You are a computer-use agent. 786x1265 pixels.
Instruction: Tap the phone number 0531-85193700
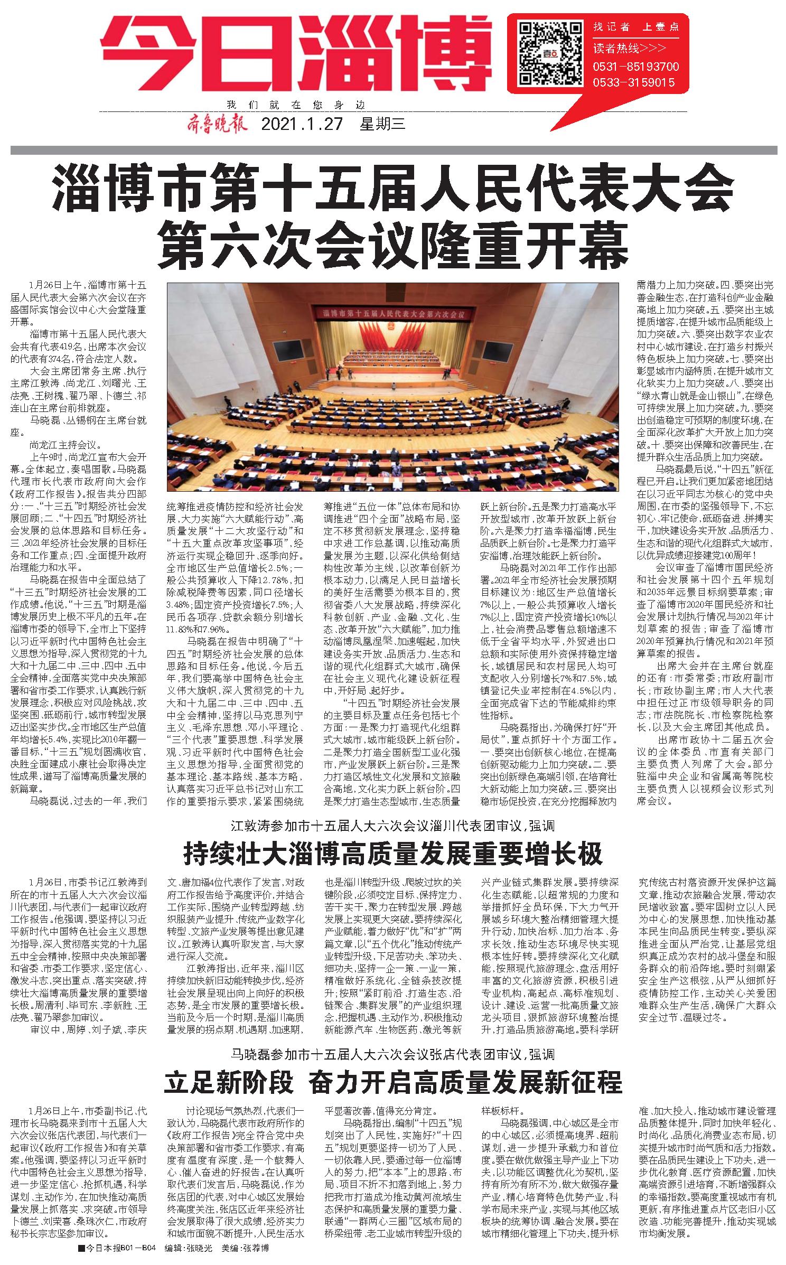tap(635, 67)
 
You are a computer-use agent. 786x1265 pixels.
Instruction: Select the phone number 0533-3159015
tap(634, 82)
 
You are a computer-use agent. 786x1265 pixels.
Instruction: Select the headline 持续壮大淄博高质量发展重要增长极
tap(393, 852)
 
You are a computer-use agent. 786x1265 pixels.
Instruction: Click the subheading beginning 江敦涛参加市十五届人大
tap(393, 826)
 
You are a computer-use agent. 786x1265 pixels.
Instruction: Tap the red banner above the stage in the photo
tap(392, 314)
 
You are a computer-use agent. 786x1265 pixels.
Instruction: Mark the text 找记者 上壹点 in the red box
tap(635, 27)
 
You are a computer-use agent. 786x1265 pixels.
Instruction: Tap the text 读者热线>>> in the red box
tap(628, 48)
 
